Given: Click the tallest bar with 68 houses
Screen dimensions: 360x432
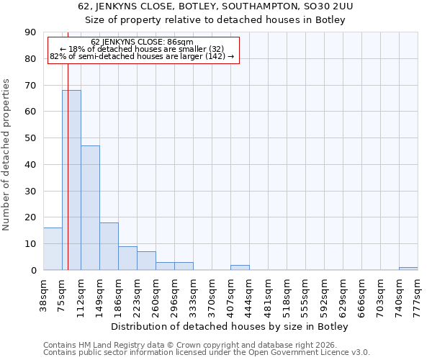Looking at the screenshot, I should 71,180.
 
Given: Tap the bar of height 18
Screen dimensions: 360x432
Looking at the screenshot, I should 109,246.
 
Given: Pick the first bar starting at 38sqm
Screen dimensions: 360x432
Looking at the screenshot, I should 53,249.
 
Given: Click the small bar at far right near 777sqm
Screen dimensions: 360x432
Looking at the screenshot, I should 408,269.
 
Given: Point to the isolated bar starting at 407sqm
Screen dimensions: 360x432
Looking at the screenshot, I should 240,267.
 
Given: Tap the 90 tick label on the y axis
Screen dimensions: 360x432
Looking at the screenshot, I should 30,32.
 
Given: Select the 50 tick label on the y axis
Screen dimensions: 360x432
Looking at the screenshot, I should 30,138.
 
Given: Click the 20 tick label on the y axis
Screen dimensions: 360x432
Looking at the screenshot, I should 30,217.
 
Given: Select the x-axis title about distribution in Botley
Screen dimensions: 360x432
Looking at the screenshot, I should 230,327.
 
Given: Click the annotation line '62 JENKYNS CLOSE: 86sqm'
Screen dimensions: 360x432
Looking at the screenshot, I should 143,42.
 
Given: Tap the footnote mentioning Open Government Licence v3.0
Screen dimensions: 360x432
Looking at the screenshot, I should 207,353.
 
